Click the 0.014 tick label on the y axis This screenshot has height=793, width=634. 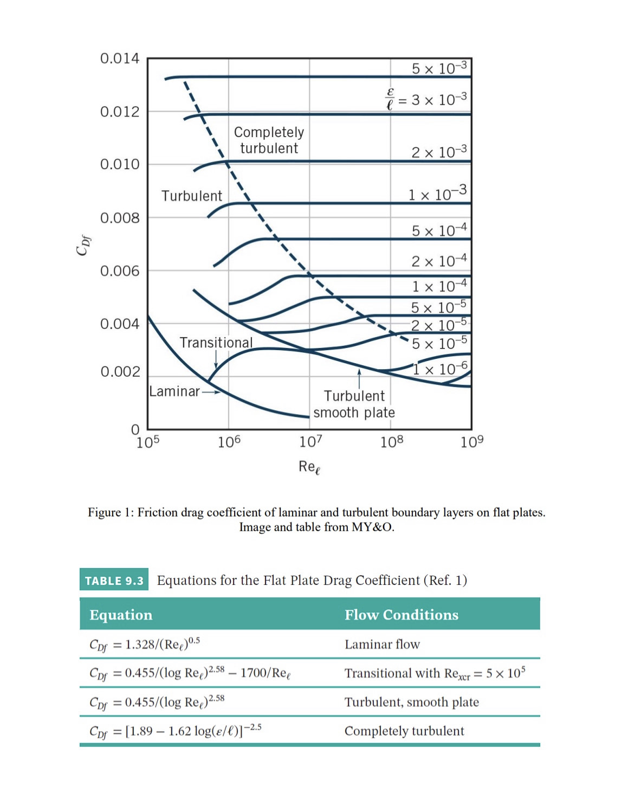[120, 59]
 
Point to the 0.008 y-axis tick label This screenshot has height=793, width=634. [120, 218]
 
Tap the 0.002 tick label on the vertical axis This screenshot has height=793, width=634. [120, 372]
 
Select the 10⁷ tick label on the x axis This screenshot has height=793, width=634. [310, 442]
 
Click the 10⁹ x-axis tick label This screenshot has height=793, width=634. [472, 442]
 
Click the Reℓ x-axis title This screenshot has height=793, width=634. [309, 467]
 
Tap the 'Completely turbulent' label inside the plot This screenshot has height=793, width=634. [269, 140]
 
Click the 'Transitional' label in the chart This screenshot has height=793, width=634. [216, 343]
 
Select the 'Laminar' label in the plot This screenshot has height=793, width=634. [174, 391]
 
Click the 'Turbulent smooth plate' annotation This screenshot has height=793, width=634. [354, 404]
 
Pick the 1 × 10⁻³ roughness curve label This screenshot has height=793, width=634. [437, 194]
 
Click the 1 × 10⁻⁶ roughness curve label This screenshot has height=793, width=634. [441, 369]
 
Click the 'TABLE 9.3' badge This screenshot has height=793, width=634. [114, 581]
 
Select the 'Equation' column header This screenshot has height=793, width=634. [121, 615]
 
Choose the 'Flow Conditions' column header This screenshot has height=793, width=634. [402, 615]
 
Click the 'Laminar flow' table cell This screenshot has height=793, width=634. [382, 644]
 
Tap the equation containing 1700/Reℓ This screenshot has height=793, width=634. [190, 673]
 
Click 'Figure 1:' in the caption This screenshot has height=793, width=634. [111, 513]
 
